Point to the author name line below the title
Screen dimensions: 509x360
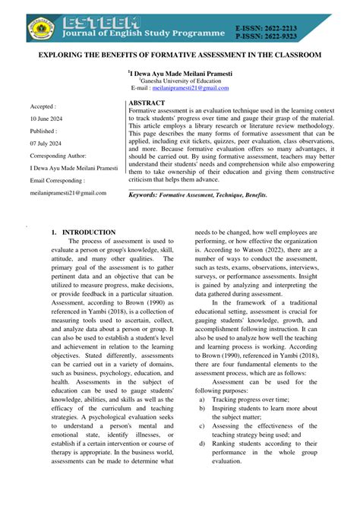click(179, 75)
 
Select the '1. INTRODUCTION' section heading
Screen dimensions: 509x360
click(83, 232)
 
